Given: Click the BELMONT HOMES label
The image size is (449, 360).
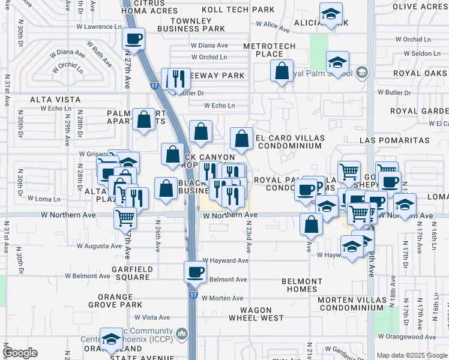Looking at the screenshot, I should click(302, 285).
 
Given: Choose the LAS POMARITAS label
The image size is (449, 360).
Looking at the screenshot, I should click(394, 140).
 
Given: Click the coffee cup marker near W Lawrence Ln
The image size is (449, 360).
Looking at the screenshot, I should click(133, 40).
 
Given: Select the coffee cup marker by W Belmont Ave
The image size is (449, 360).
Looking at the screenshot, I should click(194, 272).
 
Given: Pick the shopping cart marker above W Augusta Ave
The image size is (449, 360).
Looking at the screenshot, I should click(125, 218).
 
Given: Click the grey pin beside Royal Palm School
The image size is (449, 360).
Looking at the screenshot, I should click(361, 74).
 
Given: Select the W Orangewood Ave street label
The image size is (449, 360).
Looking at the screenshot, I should click(414, 337).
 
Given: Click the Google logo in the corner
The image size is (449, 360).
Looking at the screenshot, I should click(20, 353).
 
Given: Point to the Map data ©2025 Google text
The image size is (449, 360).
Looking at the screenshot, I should click(411, 355).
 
